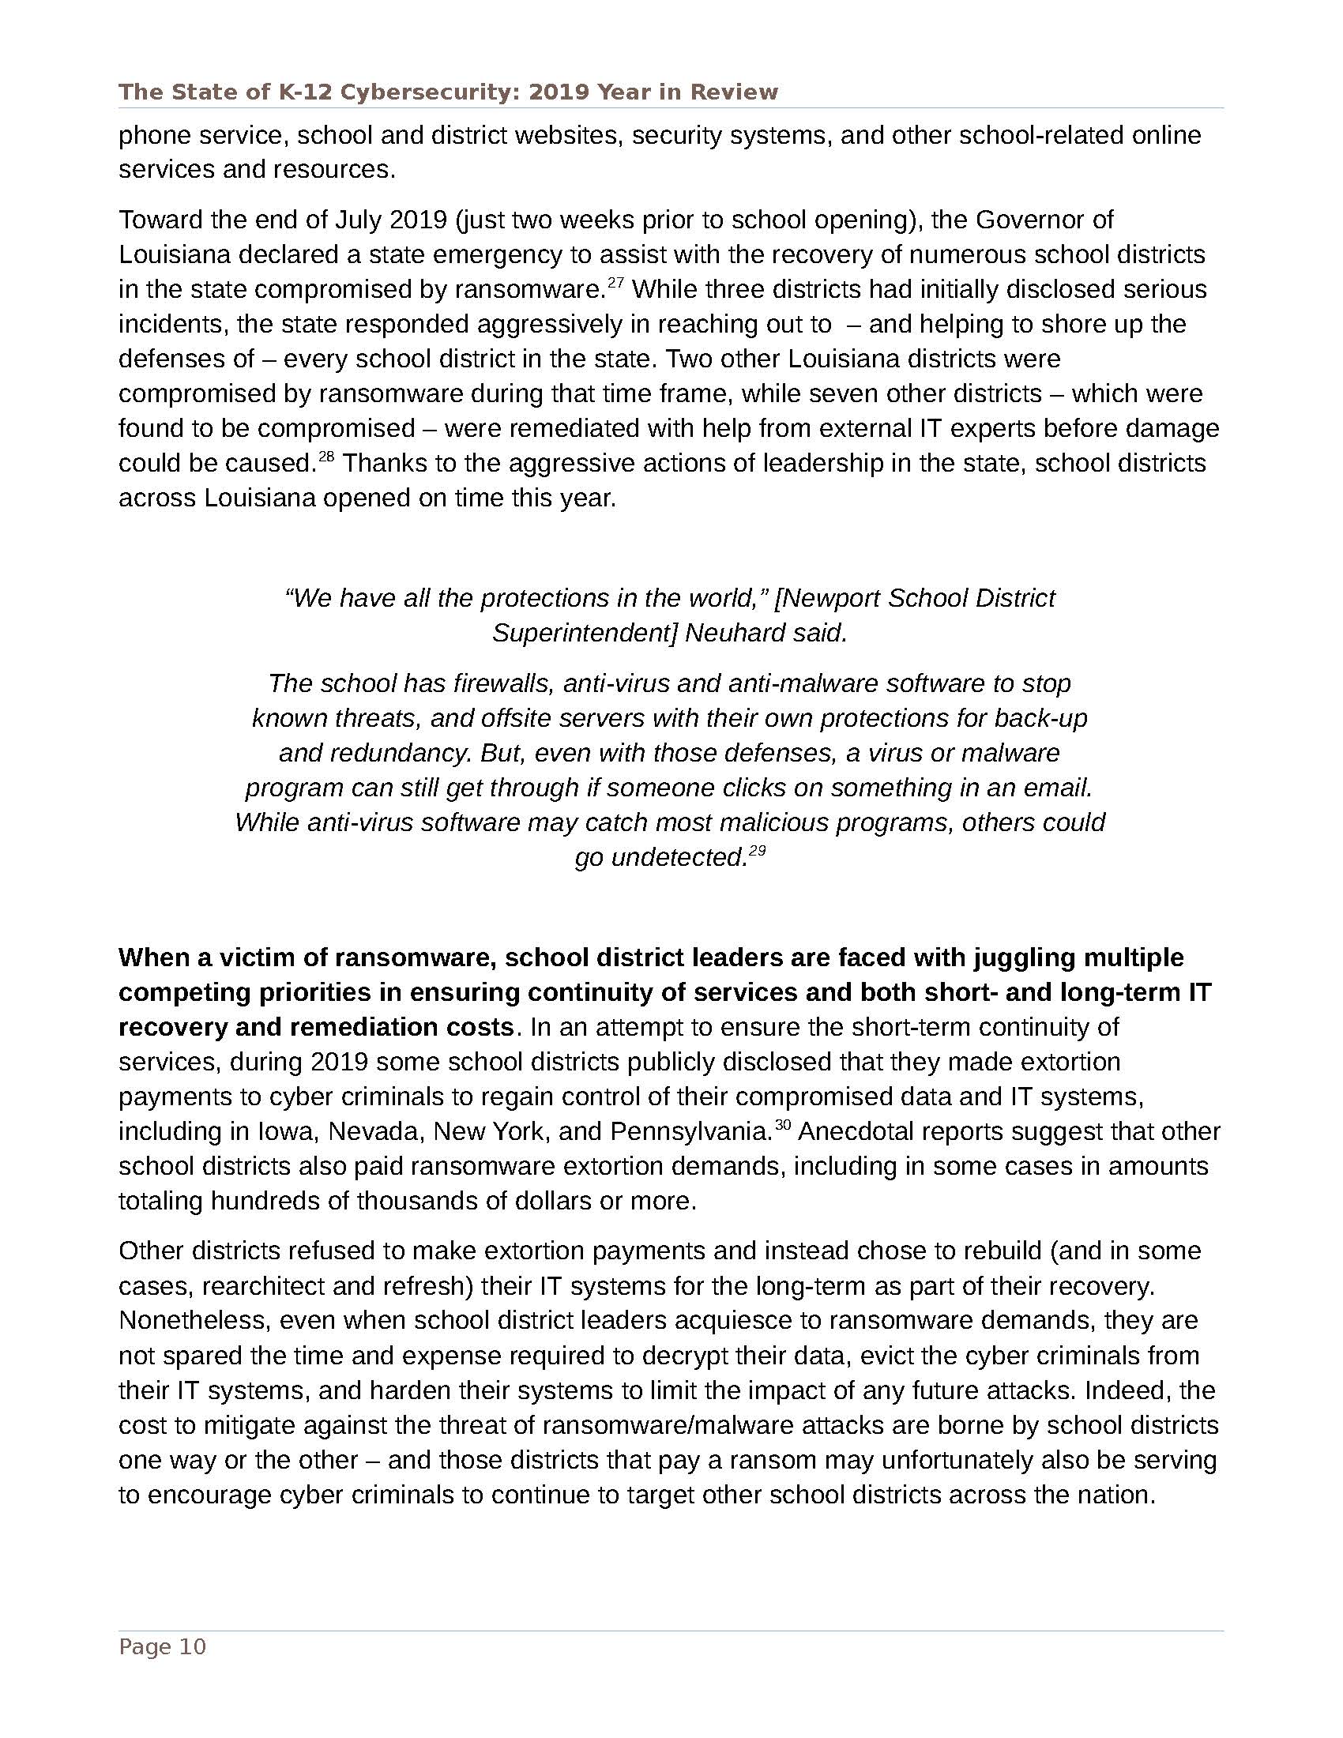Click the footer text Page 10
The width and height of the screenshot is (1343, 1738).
162,1646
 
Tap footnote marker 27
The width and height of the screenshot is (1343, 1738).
615,282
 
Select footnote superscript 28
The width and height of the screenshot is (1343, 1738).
326,456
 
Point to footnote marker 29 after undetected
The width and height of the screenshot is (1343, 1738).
757,851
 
